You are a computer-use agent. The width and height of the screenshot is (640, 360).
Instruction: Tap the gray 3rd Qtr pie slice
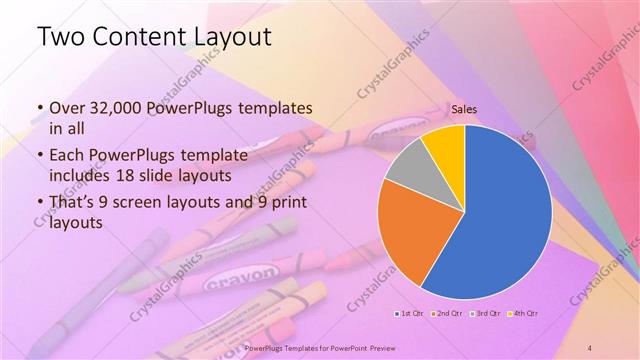(405, 167)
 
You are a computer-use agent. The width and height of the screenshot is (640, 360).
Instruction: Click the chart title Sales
(463, 111)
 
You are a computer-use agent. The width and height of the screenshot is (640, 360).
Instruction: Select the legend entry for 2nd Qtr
(445, 314)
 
